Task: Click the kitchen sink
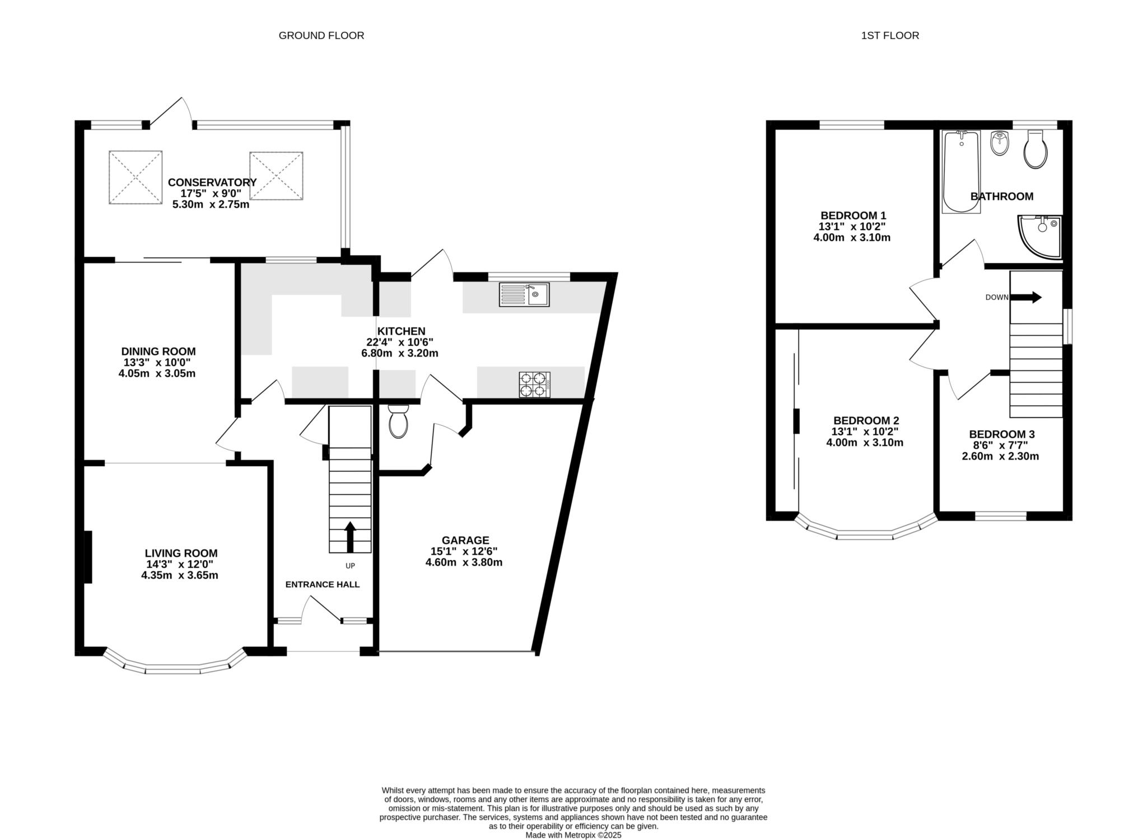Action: (524, 294)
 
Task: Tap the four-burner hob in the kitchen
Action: (534, 384)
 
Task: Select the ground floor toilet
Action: (398, 421)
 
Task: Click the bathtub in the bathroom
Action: (962, 171)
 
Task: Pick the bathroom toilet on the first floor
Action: (1035, 149)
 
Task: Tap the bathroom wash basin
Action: (999, 144)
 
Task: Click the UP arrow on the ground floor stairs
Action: (350, 537)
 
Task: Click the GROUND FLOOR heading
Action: (321, 36)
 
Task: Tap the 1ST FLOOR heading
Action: (890, 36)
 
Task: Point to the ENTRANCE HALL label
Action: (323, 585)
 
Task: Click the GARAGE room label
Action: (465, 540)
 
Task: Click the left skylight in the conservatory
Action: (136, 177)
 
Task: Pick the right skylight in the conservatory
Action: (276, 175)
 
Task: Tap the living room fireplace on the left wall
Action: (88, 557)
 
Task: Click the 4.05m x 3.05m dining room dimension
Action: (157, 373)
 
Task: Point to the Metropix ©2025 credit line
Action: (573, 835)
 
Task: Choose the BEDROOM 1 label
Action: (853, 215)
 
